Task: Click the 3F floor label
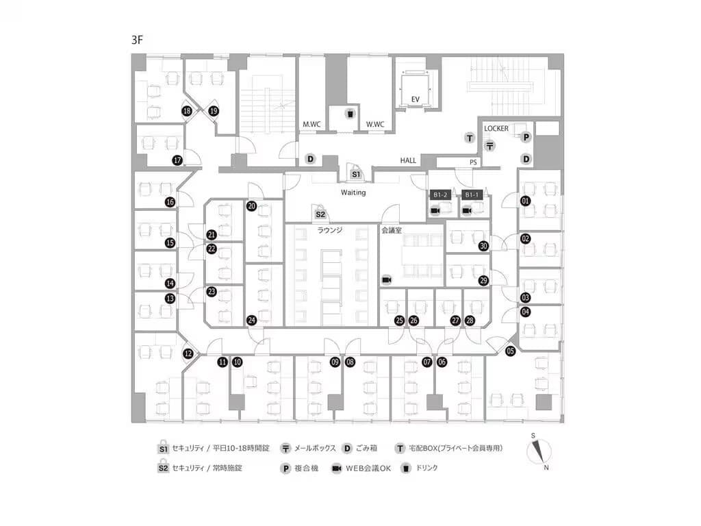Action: (137, 40)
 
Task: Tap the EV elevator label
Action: (416, 99)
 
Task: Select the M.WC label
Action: (311, 125)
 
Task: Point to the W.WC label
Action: (375, 125)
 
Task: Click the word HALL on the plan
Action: (408, 160)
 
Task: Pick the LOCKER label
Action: (496, 128)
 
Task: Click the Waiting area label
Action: (353, 192)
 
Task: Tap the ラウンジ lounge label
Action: (330, 230)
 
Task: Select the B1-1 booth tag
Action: (472, 195)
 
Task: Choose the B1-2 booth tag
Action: (440, 195)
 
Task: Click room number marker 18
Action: (187, 111)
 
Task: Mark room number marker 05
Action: (510, 351)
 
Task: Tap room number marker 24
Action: (252, 321)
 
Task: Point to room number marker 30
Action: (483, 246)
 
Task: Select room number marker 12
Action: (188, 354)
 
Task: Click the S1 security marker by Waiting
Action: (356, 173)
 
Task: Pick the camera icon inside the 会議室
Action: (387, 280)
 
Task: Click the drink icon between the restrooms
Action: (350, 114)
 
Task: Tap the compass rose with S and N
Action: (539, 452)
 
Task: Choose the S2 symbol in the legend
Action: (163, 467)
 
